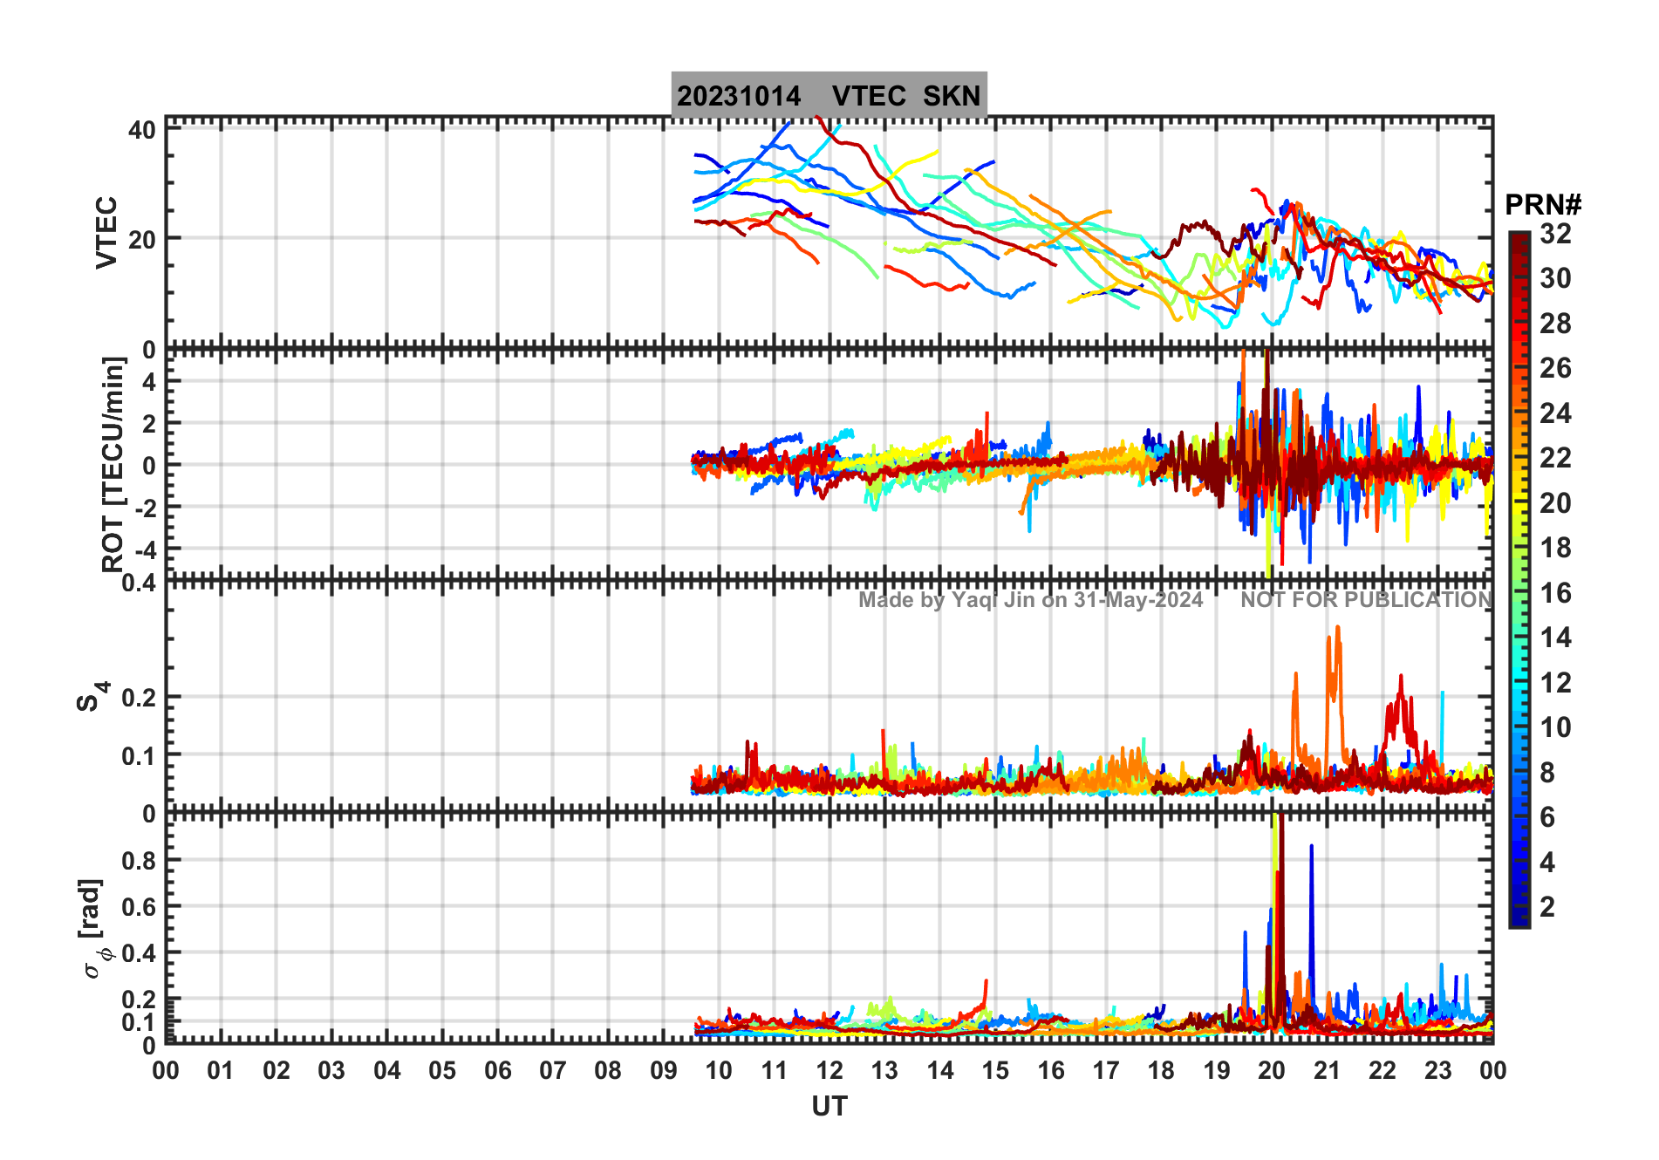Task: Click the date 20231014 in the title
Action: pos(738,96)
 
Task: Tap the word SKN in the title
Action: pos(952,96)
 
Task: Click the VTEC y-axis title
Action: pos(106,232)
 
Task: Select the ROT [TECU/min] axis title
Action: pos(113,464)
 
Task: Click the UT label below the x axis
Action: pos(829,1106)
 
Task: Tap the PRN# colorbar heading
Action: pos(1543,205)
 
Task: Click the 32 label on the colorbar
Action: pos(1555,234)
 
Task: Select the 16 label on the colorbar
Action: pos(1555,593)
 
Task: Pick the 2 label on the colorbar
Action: pos(1547,907)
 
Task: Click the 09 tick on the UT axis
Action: pos(664,1070)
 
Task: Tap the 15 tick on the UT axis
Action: pos(995,1070)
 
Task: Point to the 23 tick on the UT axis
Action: pos(1437,1070)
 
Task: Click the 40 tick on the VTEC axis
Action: pos(141,131)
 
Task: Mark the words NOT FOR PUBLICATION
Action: pos(1366,600)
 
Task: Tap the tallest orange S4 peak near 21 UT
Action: pos(1337,628)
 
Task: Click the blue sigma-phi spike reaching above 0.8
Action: pos(1311,848)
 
